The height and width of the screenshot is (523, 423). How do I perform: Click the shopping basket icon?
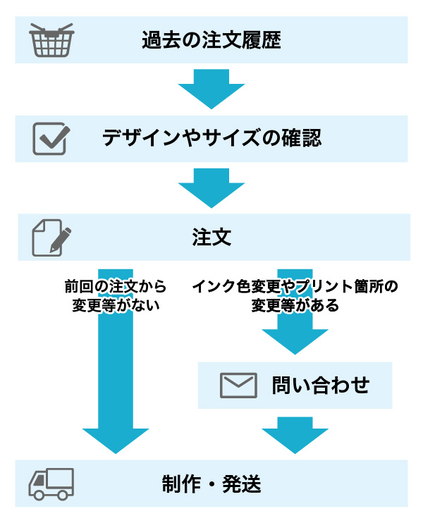click(51, 41)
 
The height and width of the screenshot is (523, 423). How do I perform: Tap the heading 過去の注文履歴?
click(211, 40)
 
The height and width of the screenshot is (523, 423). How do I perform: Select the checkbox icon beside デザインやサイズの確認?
click(51, 138)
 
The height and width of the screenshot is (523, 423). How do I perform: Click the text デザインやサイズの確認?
click(211, 138)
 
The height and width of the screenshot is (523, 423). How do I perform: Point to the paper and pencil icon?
click(51, 238)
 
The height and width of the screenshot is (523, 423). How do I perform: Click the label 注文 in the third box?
click(211, 238)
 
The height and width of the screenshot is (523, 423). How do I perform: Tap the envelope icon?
click(238, 385)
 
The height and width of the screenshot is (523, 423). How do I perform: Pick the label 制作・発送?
click(211, 484)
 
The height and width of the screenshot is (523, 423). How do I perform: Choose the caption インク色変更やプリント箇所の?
click(295, 287)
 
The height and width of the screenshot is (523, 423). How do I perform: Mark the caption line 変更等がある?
click(295, 306)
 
